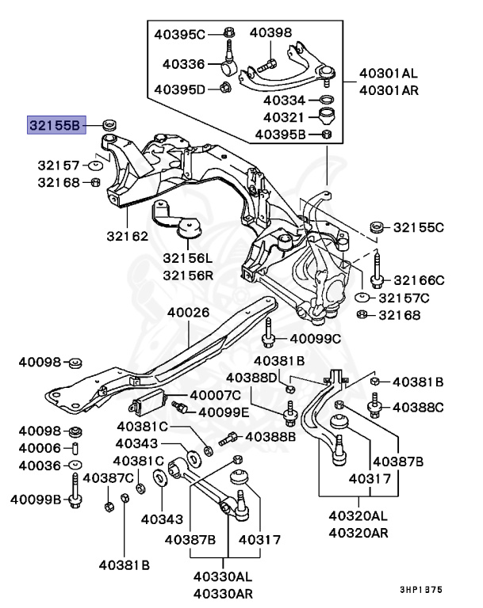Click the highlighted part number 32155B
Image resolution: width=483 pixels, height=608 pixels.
click(x=54, y=124)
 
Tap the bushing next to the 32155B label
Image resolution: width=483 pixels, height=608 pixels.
click(x=109, y=123)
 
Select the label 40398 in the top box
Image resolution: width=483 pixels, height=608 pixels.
click(x=270, y=33)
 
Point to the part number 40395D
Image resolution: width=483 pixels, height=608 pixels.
click(x=179, y=88)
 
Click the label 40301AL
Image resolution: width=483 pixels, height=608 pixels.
click(x=388, y=74)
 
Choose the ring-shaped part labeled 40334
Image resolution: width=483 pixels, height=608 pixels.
click(x=325, y=100)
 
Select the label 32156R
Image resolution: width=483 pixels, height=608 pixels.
click(x=188, y=275)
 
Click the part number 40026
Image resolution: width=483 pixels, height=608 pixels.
click(x=188, y=312)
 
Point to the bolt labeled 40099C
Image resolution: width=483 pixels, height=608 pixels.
click(x=269, y=336)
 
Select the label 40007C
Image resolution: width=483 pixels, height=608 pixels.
click(x=214, y=395)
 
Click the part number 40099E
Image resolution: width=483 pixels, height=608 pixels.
click(x=224, y=412)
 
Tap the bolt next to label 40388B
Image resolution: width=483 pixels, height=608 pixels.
click(x=230, y=437)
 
